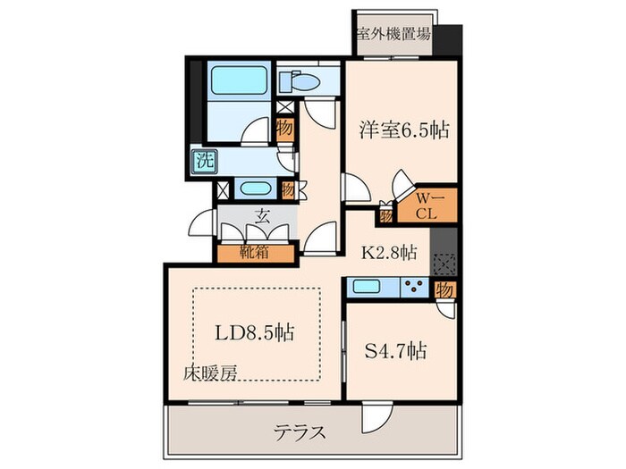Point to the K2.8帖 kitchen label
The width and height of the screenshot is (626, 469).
[387, 253]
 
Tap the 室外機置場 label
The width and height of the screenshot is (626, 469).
[393, 35]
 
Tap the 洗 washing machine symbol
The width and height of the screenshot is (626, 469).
[204, 162]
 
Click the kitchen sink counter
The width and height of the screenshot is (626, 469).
[369, 288]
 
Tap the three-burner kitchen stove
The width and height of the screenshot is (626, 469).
[414, 288]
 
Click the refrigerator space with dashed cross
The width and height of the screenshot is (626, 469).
[444, 264]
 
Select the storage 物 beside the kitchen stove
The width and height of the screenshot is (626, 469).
[444, 289]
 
